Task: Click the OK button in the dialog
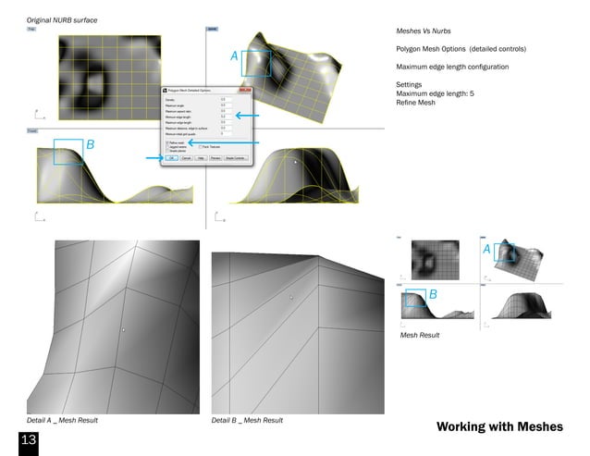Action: [172, 158]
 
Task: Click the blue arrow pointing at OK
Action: [154, 158]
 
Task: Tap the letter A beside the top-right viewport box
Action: [235, 57]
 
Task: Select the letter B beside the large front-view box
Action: [90, 145]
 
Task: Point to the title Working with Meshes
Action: [499, 426]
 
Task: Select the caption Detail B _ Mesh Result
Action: [247, 421]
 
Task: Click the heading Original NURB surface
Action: [62, 19]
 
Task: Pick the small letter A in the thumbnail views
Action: [486, 250]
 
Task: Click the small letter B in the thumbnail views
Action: [432, 293]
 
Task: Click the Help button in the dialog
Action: [201, 158]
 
